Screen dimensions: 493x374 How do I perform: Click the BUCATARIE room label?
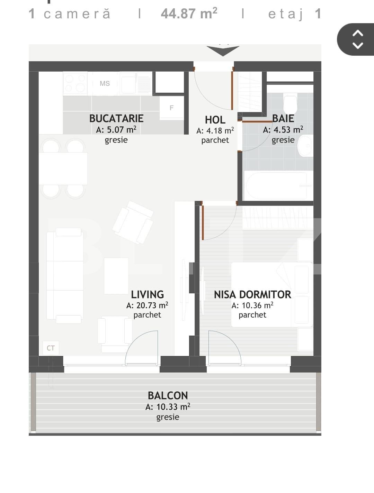(116, 118)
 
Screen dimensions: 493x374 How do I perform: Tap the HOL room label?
(215, 120)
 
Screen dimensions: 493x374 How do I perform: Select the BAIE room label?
(283, 118)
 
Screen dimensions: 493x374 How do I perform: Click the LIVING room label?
(147, 294)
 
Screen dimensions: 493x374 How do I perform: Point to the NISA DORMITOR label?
(252, 294)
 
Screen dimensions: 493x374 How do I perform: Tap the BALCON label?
(168, 395)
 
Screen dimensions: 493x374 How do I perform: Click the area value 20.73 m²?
(147, 305)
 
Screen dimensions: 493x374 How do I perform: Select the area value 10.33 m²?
(168, 407)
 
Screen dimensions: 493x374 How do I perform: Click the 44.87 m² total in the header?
(189, 14)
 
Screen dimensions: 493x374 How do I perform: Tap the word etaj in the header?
(286, 14)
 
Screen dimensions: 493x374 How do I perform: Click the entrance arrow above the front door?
(223, 51)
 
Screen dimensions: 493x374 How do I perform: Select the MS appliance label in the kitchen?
(105, 83)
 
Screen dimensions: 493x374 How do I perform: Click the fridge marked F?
(171, 108)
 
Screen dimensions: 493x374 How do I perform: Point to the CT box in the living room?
(51, 348)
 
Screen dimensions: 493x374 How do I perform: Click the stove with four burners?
(75, 83)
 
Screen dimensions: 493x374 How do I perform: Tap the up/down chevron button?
(357, 39)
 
